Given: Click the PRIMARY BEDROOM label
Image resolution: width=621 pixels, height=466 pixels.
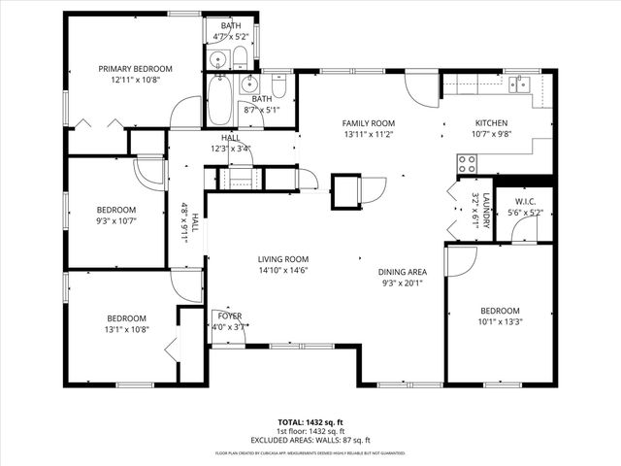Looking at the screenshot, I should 136,69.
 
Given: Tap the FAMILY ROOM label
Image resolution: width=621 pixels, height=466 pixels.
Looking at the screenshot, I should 369,123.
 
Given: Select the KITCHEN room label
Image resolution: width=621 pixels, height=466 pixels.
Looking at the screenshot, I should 491,123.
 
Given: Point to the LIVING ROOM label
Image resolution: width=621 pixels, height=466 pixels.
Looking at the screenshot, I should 282,259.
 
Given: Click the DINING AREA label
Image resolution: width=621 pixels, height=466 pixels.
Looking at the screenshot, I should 403,272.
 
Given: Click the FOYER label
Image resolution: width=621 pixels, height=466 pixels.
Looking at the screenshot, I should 230,316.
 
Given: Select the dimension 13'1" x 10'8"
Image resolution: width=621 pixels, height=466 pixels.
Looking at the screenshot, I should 126,330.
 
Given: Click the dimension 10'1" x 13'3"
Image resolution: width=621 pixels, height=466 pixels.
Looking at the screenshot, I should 500,322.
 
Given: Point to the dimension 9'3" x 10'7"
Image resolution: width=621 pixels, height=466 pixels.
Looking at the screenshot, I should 115,221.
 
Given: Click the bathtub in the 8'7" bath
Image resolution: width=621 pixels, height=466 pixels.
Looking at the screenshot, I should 219,101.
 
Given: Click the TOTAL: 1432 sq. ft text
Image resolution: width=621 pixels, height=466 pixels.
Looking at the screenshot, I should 310,422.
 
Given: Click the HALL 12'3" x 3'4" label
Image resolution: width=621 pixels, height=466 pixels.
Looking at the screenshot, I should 230,144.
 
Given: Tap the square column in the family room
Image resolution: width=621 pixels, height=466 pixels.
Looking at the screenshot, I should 344,187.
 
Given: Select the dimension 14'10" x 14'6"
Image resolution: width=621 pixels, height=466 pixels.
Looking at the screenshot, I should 282,271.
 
